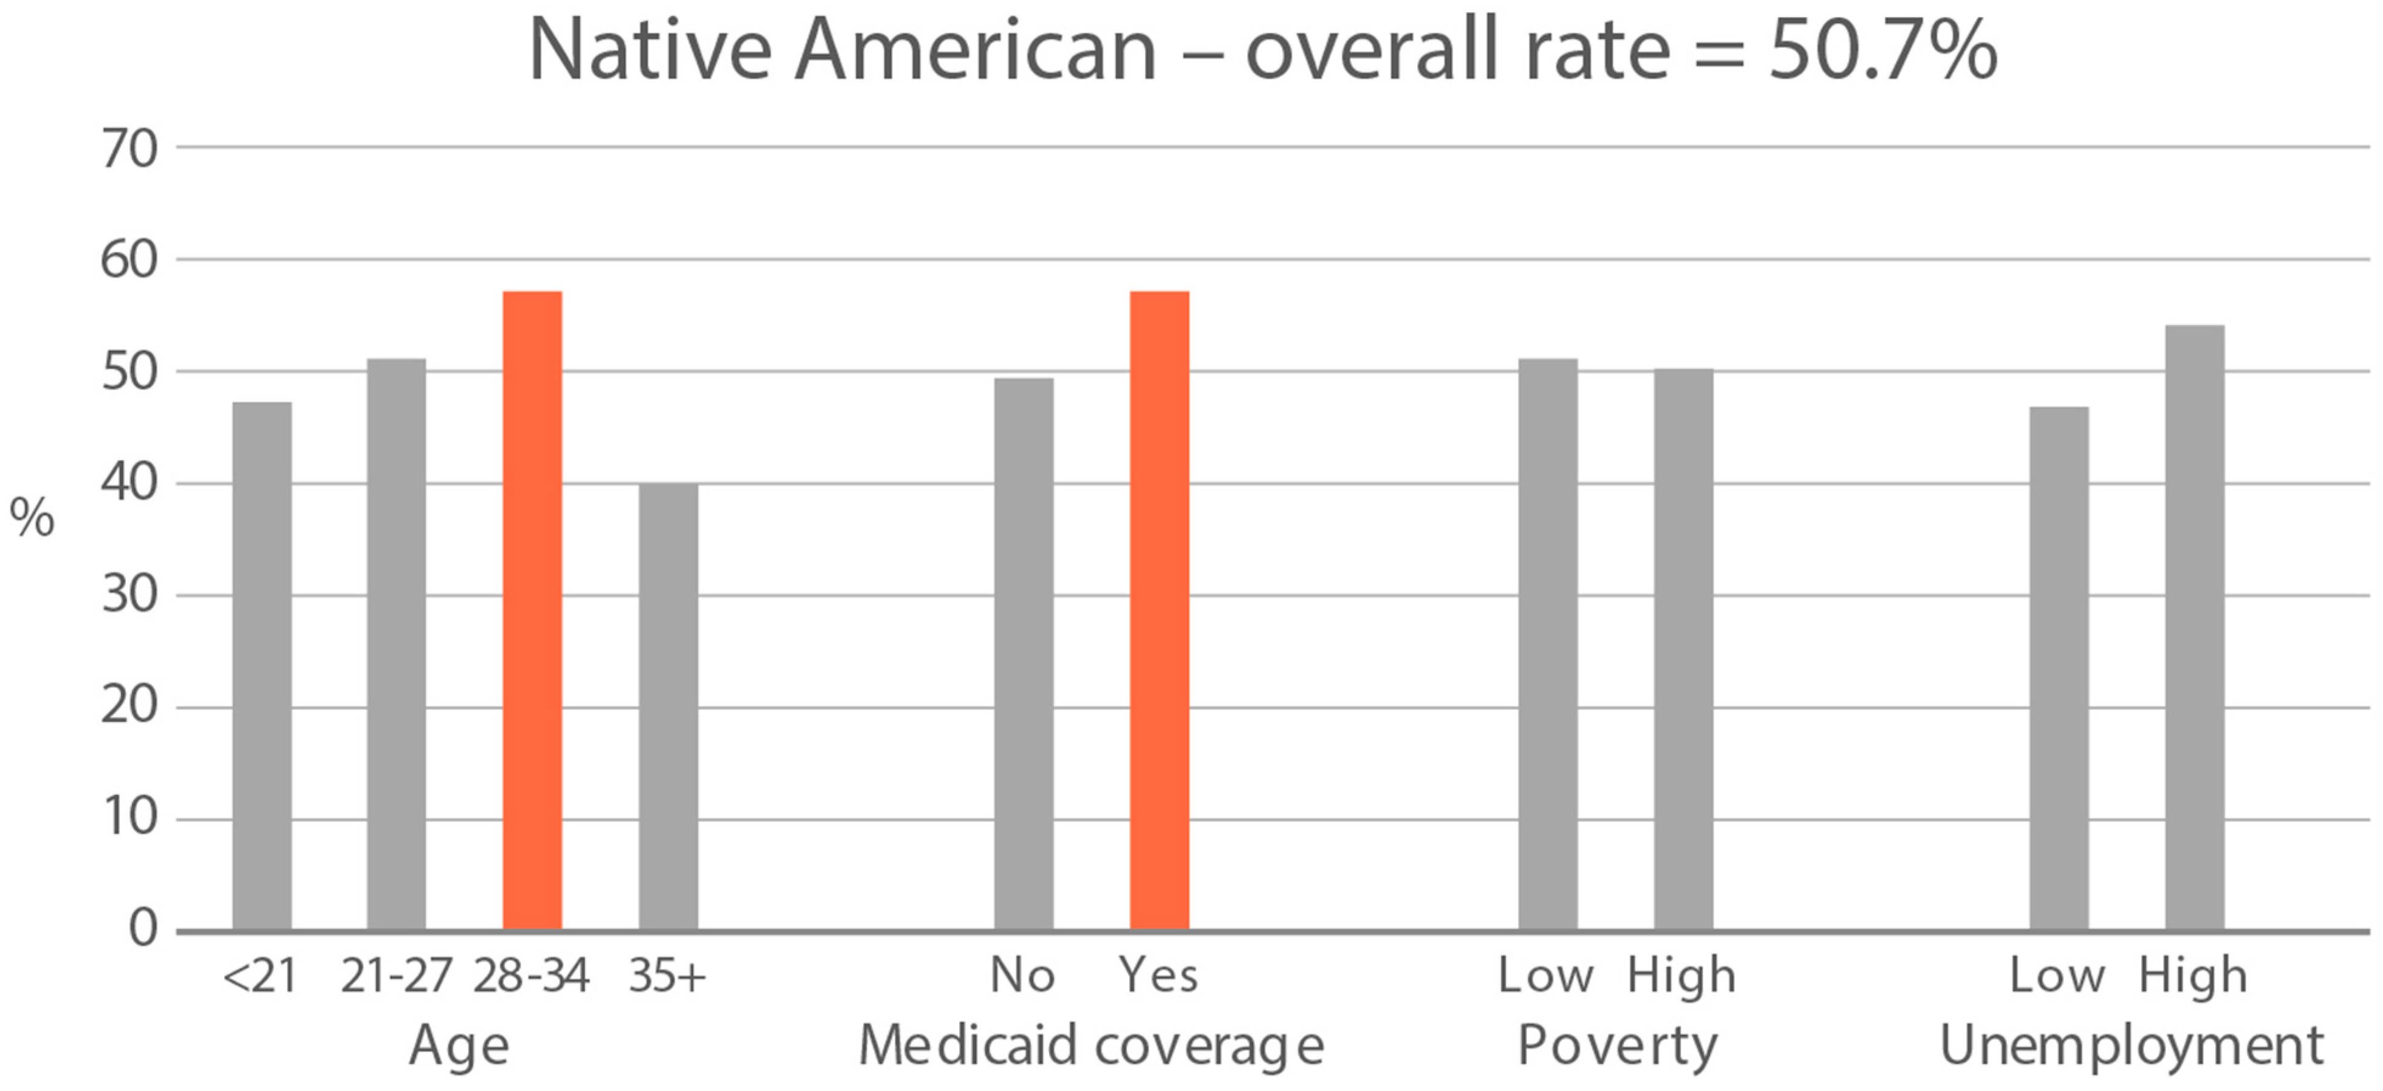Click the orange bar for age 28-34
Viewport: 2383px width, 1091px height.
532,611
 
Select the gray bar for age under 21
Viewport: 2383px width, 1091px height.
262,666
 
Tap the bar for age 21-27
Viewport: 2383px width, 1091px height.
397,644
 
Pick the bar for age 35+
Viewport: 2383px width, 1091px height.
668,707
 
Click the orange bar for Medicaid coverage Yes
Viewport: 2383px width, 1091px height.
1159,611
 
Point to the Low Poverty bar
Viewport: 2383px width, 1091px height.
1548,644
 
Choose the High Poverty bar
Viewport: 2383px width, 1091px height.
1684,650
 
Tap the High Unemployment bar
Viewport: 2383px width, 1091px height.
2194,627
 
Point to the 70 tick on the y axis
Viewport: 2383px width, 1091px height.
129,149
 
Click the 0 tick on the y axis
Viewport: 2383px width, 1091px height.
143,928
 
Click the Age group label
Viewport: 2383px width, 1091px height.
459,1047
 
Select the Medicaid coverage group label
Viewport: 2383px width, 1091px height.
1092,1047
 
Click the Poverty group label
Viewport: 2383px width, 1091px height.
1617,1047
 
